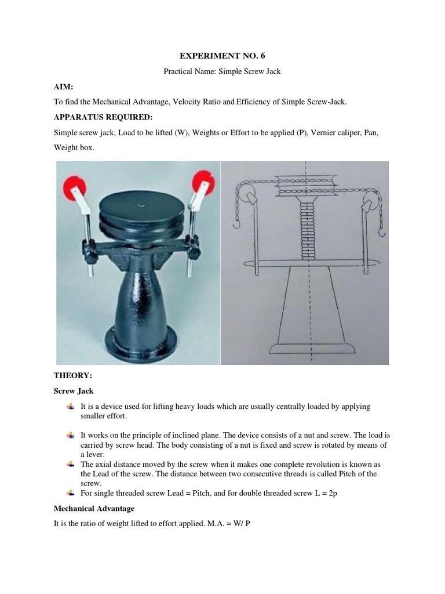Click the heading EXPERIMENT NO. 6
coord(222,56)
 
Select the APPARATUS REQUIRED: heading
coord(103,117)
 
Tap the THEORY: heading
coord(72,376)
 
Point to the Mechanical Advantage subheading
coord(94,508)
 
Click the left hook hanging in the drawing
coord(237,222)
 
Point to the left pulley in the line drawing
coord(247,195)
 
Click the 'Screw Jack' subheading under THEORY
coord(74,391)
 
